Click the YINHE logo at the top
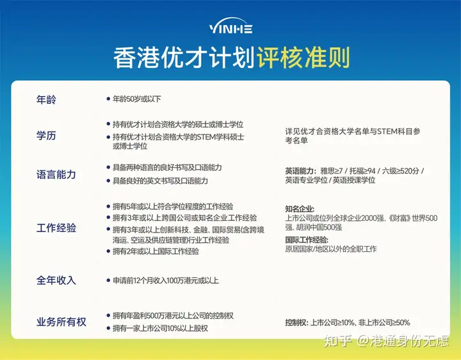[230, 26]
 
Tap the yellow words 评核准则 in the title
[303, 58]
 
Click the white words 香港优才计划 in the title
[184, 58]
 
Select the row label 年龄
[46, 100]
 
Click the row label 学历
[46, 136]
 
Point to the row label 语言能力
[56, 174]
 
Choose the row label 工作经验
[56, 228]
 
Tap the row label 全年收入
[56, 281]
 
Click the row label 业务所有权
[61, 322]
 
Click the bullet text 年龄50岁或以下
[137, 99]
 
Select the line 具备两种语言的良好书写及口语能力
[167, 168]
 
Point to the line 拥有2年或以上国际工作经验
[156, 251]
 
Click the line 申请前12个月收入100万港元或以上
[166, 281]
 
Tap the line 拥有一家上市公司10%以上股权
[160, 328]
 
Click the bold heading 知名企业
[300, 209]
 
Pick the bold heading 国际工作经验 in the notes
[307, 240]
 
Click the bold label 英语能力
[300, 171]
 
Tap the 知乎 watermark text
[338, 341]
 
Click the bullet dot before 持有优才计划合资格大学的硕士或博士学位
[108, 124]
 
